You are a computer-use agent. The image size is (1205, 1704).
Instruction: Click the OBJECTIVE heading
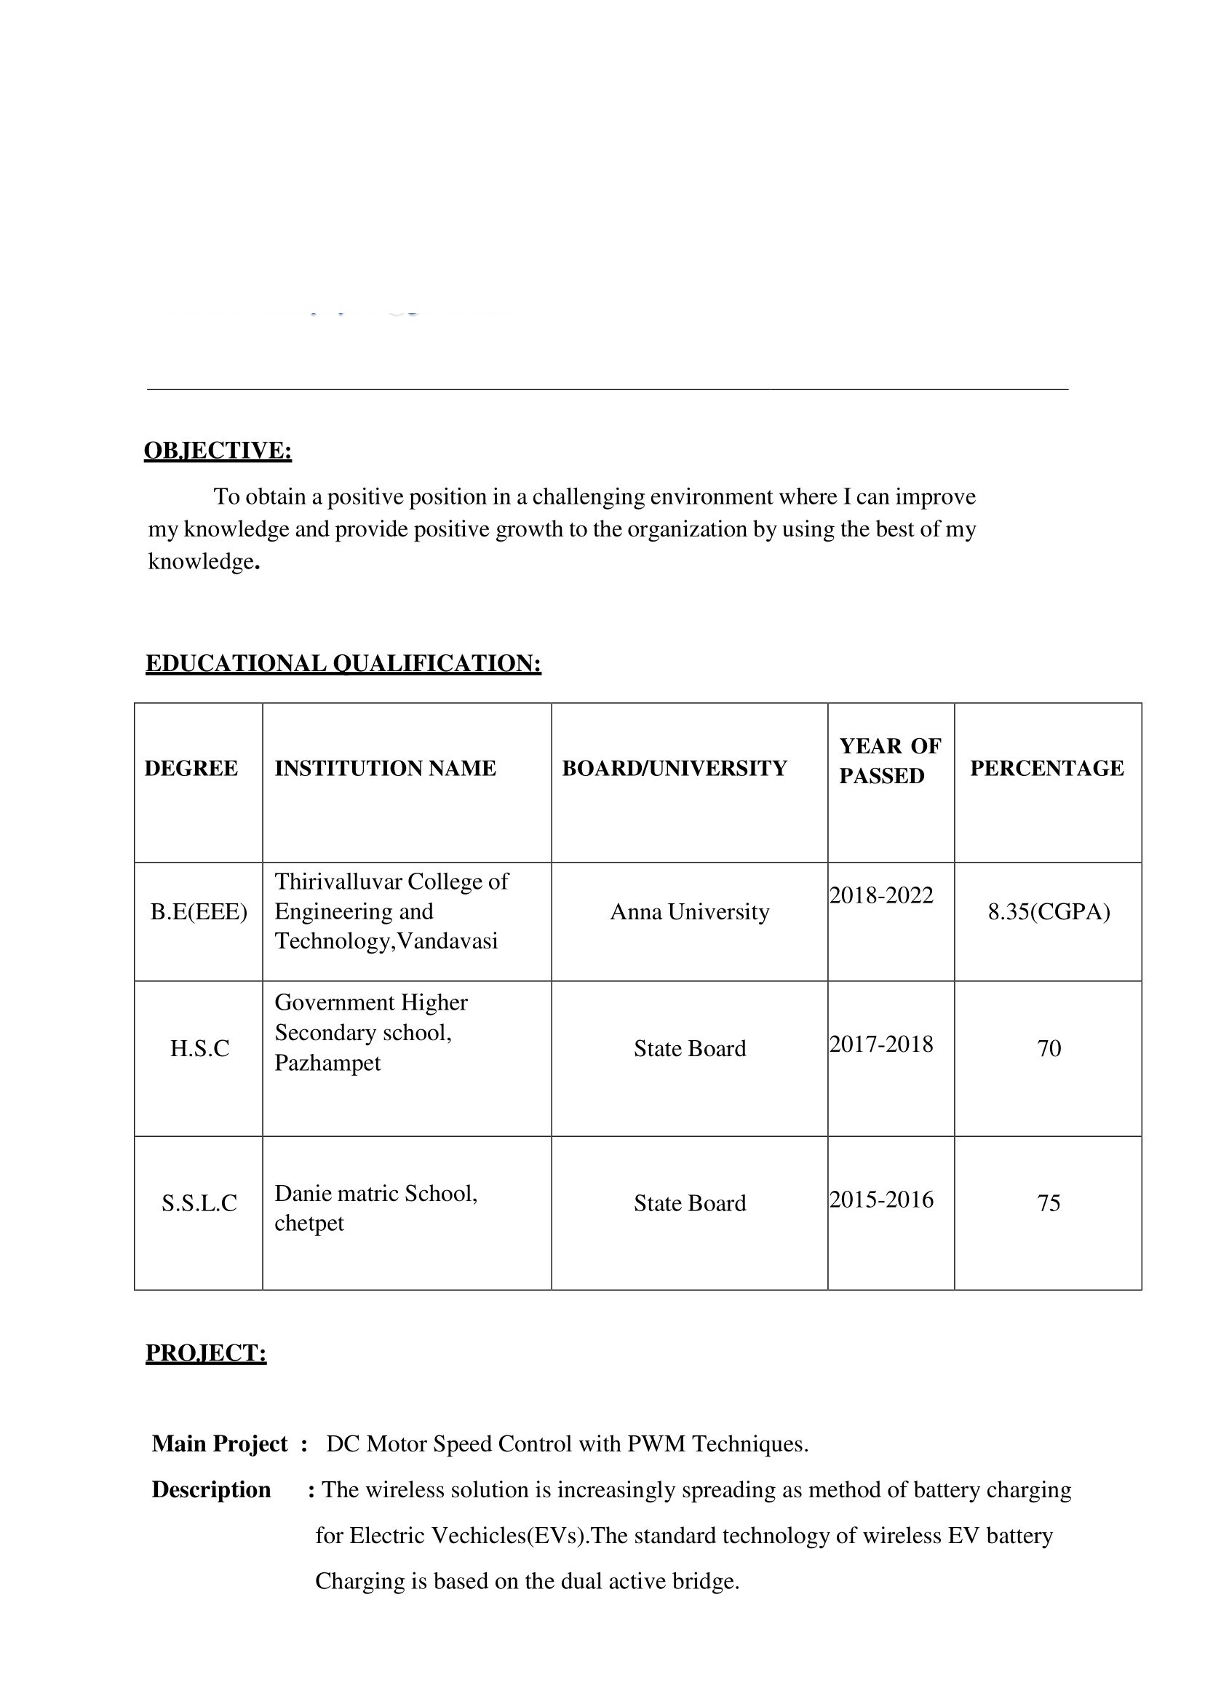tap(218, 451)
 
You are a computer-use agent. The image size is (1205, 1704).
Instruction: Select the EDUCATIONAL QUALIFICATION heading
tap(343, 663)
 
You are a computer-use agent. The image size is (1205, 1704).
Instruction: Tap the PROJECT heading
tap(205, 1353)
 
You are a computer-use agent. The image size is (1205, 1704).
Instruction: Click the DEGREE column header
tap(191, 768)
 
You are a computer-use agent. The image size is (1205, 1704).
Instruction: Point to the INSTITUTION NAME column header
tap(385, 768)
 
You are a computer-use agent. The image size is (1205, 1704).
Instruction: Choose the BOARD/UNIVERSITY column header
tap(674, 768)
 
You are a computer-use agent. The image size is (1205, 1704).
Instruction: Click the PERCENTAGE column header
tap(1046, 768)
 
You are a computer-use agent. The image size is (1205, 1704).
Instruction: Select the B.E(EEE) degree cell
tap(199, 911)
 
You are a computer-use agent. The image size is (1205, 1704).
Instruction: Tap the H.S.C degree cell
tap(199, 1048)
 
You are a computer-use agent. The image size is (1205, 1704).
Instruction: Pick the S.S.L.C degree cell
tap(199, 1202)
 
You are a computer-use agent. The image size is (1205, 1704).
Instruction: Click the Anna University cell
tap(689, 911)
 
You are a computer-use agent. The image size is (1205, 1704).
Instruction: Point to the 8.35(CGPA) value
tap(1049, 911)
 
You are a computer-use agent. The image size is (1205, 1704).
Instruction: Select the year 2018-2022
tap(880, 895)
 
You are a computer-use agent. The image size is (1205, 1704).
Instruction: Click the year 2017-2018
tap(880, 1045)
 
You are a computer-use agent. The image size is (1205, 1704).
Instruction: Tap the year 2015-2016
tap(880, 1200)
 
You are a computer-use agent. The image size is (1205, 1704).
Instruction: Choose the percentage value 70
tap(1049, 1048)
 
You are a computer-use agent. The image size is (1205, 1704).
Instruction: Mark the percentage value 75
tap(1049, 1202)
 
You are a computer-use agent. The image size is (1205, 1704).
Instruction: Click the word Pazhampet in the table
tap(327, 1063)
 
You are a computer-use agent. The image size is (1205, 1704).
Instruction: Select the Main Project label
tap(220, 1443)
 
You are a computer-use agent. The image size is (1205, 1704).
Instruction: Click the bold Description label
tap(212, 1489)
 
